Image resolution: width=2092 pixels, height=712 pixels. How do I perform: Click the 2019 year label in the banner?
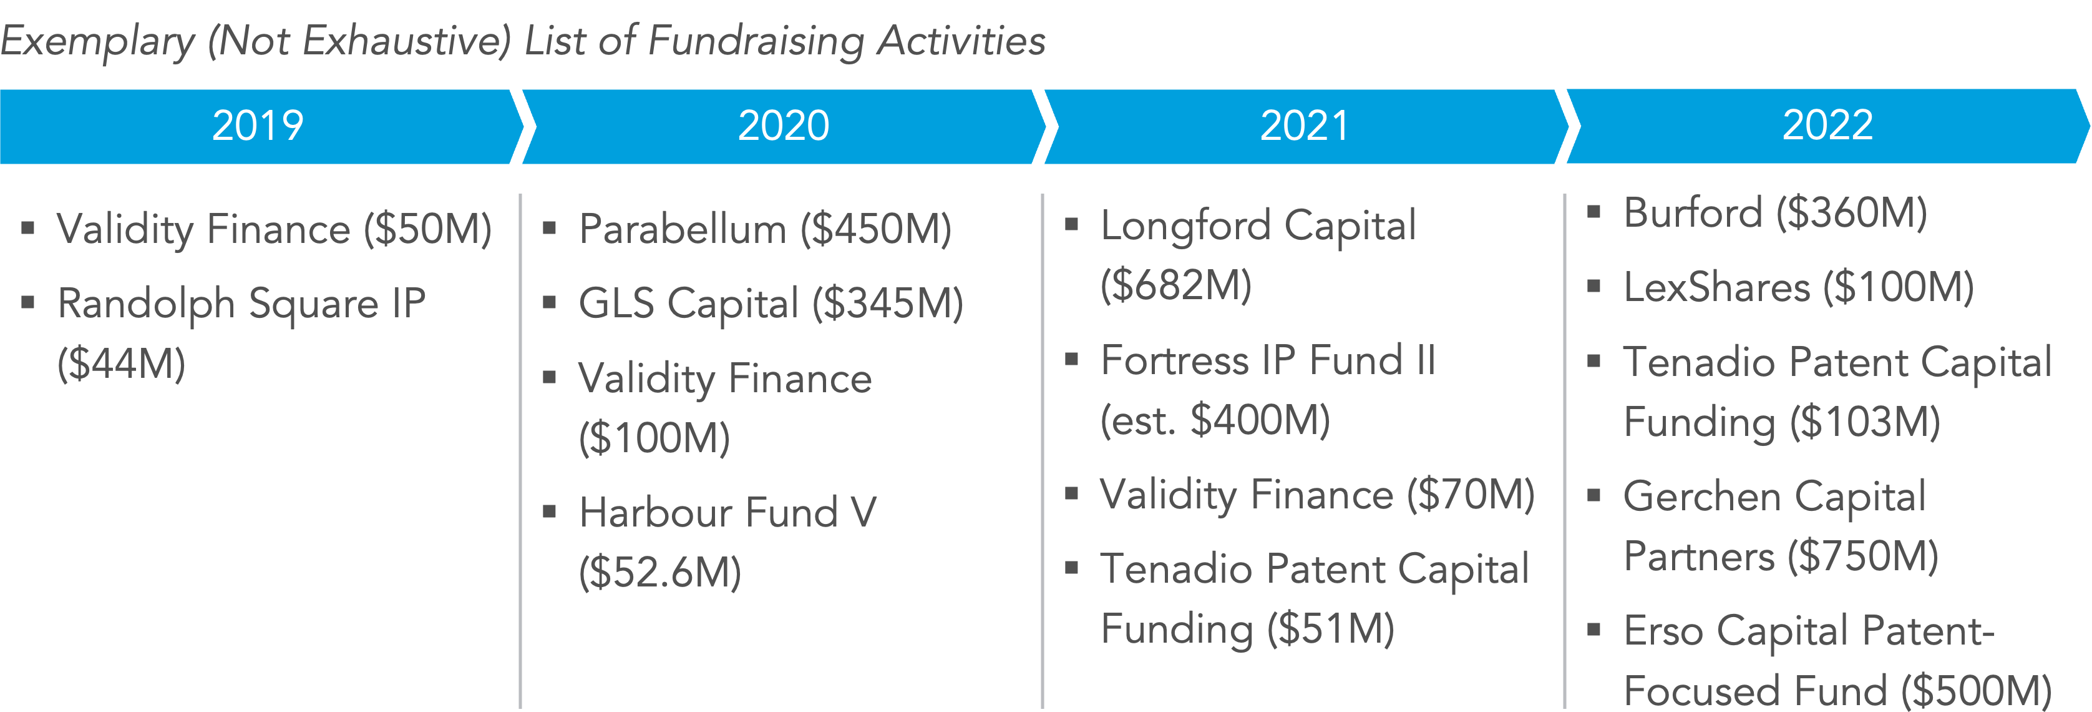coord(258,126)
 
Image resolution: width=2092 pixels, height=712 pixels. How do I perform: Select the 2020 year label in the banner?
coord(783,126)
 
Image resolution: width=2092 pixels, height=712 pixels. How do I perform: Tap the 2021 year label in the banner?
coord(1304,126)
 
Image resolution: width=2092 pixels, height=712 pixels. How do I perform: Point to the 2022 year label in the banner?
coord(1827,126)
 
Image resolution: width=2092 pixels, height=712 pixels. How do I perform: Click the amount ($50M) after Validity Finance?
coord(427,229)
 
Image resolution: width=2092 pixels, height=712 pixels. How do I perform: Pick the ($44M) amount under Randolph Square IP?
coord(121,363)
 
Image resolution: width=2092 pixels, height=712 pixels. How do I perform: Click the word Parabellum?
coord(682,229)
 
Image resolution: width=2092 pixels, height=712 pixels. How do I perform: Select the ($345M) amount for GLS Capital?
coord(888,304)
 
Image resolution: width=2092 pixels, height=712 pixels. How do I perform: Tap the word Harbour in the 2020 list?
coord(656,512)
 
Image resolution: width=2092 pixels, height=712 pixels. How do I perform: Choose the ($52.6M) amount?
coord(659,572)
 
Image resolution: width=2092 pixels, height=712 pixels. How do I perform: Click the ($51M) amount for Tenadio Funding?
coord(1331,629)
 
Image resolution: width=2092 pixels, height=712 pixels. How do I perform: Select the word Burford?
coord(1693,213)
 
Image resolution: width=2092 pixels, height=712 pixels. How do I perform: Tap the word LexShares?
coord(1716,288)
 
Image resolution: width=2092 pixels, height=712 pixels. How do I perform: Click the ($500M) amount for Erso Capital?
coord(1977,691)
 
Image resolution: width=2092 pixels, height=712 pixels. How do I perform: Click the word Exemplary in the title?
coord(97,41)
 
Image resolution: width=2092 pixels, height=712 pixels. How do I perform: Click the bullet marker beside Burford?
coord(1593,213)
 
